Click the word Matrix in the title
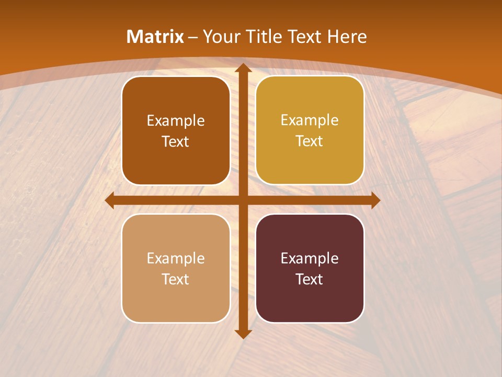(x=155, y=37)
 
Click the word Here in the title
(x=347, y=37)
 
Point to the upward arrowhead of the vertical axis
(x=243, y=68)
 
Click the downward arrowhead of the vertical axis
(x=243, y=334)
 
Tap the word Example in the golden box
(x=310, y=120)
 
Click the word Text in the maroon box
(x=310, y=279)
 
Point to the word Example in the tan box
(x=176, y=258)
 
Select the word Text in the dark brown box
(x=176, y=141)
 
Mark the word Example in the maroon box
(x=310, y=258)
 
